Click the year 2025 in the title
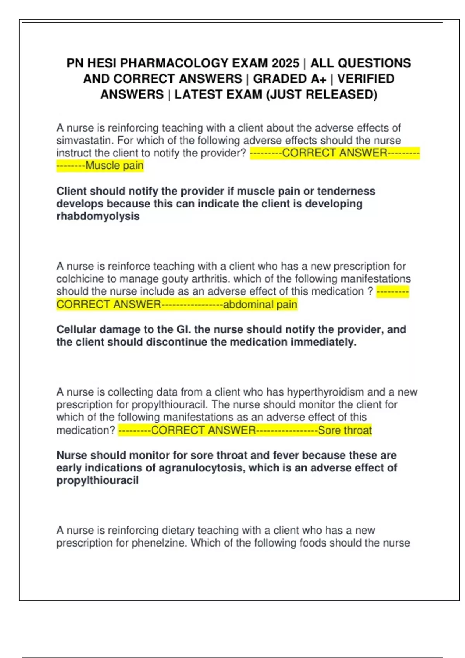(285, 63)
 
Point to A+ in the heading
(318, 79)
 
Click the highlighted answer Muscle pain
(114, 166)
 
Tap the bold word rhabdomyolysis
(98, 216)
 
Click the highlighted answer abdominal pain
(260, 305)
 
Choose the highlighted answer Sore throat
(344, 430)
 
